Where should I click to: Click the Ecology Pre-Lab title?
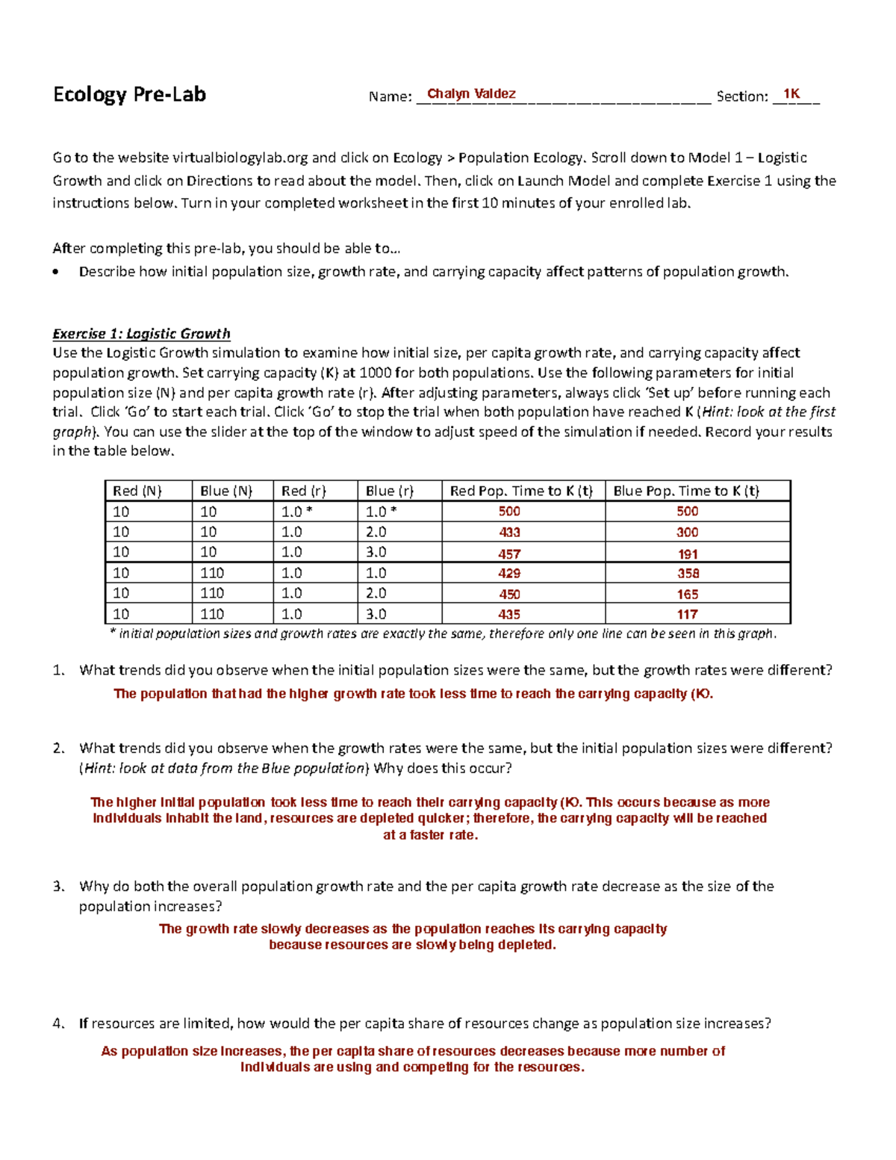click(x=129, y=95)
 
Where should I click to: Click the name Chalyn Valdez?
click(x=470, y=94)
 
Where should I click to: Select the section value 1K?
click(x=791, y=94)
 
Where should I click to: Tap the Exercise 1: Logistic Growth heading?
click(x=141, y=334)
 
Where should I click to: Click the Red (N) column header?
click(x=137, y=491)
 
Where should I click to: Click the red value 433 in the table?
click(x=509, y=533)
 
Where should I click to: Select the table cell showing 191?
click(x=687, y=554)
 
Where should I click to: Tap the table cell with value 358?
click(x=687, y=574)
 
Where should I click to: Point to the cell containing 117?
click(x=687, y=615)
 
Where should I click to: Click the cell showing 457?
click(x=509, y=554)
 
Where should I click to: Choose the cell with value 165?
click(x=687, y=595)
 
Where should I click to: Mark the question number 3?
click(x=58, y=887)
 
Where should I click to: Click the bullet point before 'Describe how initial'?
click(x=57, y=273)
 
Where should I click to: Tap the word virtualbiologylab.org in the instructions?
click(x=240, y=158)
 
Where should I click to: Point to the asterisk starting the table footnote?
click(x=112, y=633)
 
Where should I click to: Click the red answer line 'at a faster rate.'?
click(x=430, y=835)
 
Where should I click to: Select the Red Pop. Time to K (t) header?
click(x=520, y=491)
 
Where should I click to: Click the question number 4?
click(x=58, y=1024)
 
